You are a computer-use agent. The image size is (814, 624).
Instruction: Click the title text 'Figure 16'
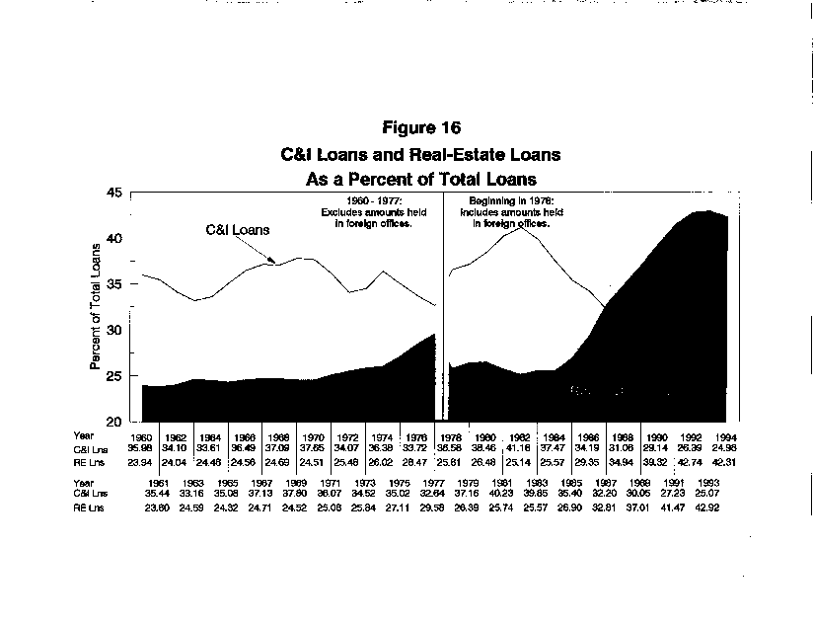[420, 128]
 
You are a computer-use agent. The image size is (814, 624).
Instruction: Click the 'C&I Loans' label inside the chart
[238, 229]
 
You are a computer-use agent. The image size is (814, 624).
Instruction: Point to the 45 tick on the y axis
[116, 194]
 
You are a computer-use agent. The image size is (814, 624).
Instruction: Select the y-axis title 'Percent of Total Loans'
[96, 306]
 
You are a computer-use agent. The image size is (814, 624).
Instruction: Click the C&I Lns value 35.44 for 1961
[158, 493]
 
